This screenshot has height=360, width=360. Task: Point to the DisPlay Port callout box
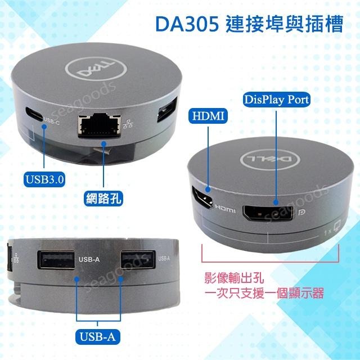(x=276, y=100)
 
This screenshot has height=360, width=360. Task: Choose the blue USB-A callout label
(x=98, y=337)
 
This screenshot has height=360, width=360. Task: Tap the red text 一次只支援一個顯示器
(x=264, y=293)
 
